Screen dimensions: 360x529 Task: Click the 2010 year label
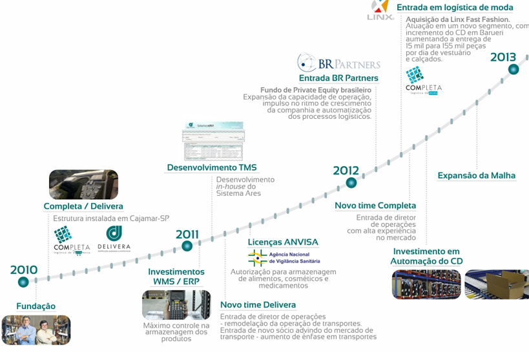click(23, 270)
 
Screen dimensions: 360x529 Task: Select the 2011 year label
click(187, 235)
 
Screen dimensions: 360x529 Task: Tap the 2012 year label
click(346, 171)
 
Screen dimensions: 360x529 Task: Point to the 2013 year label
click(503, 57)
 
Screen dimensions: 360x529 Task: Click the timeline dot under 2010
click(23, 281)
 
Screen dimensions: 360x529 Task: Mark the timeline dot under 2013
click(515, 70)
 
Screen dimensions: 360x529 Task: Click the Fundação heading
click(36, 306)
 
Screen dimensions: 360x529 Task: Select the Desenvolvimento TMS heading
click(212, 168)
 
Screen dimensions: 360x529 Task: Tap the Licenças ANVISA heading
click(283, 242)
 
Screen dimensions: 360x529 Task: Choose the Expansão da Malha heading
click(477, 176)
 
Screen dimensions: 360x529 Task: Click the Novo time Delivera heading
click(258, 305)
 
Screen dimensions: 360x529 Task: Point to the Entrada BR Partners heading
click(338, 78)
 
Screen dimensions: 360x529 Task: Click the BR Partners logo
click(338, 63)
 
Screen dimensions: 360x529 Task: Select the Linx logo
click(380, 9)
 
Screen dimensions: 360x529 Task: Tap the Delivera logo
click(114, 238)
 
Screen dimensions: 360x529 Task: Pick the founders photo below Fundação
click(36, 329)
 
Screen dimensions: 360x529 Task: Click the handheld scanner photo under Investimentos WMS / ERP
click(176, 304)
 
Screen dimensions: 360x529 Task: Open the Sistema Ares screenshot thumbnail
click(214, 141)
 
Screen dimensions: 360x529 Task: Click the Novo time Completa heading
click(375, 206)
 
